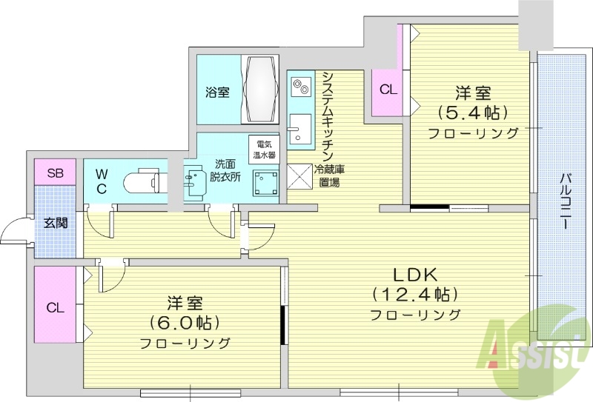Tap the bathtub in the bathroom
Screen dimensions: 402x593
tap(261, 89)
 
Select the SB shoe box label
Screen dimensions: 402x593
tap(56, 174)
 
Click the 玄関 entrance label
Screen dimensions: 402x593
tap(55, 221)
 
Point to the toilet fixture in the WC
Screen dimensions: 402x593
tap(141, 181)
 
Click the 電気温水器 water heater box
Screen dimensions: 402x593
tap(262, 150)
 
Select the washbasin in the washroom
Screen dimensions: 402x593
tap(194, 182)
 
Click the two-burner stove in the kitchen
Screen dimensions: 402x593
tap(301, 87)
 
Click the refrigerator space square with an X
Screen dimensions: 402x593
tap(301, 177)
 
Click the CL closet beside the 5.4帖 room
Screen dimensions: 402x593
tap(388, 90)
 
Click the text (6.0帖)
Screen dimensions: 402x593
tap(185, 323)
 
